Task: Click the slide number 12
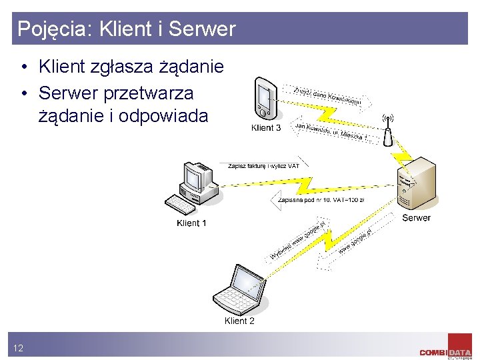[18, 348]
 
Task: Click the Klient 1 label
[191, 223]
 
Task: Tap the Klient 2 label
[239, 321]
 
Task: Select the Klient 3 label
[266, 127]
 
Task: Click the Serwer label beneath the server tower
[416, 218]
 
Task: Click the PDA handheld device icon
[265, 99]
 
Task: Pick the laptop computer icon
[239, 289]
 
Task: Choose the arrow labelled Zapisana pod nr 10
[320, 199]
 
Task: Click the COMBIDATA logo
[445, 351]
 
